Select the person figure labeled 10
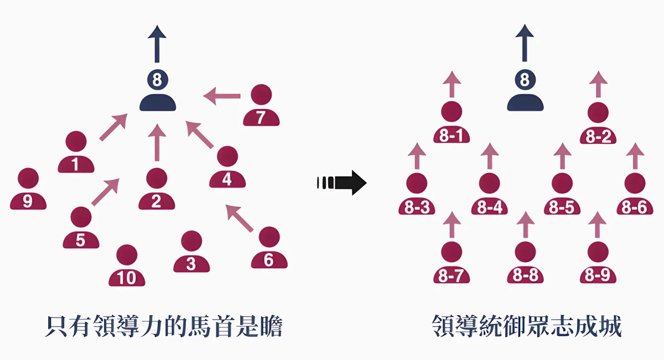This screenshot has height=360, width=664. (127, 266)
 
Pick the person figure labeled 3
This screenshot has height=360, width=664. (191, 252)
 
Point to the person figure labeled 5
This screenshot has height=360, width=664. (81, 228)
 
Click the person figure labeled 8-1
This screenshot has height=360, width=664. (451, 123)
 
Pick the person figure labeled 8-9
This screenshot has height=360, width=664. (598, 263)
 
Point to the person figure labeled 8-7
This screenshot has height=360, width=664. (451, 263)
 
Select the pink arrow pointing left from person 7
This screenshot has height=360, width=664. (222, 96)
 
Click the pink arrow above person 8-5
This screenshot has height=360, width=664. (562, 156)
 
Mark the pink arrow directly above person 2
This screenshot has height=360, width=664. (157, 142)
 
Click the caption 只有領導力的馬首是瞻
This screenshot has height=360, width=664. (164, 327)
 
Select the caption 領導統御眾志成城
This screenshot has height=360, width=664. (526, 327)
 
